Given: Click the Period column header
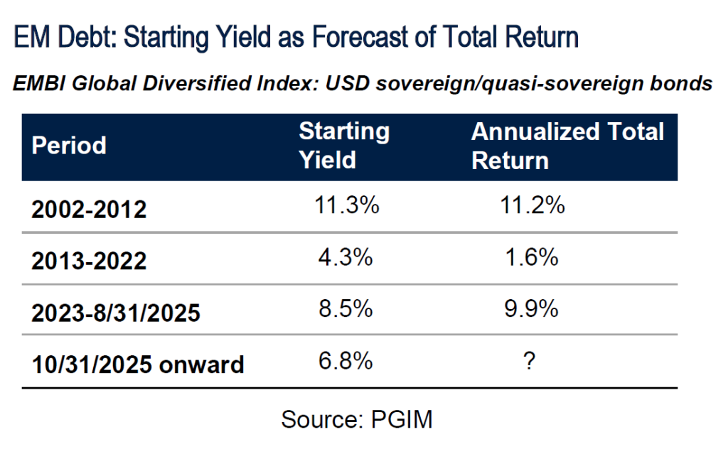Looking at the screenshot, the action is click(x=69, y=146).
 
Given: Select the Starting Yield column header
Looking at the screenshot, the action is click(x=344, y=146).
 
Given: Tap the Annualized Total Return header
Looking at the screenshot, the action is click(x=567, y=146).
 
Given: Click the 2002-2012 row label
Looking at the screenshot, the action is click(x=89, y=210).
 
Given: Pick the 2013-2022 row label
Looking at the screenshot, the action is click(x=89, y=261).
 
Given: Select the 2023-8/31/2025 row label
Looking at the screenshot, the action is click(x=116, y=313).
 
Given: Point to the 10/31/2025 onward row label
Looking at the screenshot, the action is click(x=137, y=364).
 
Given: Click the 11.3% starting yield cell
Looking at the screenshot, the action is click(x=346, y=205).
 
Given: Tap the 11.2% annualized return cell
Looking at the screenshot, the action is click(x=532, y=205).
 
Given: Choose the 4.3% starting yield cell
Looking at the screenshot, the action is click(x=346, y=257).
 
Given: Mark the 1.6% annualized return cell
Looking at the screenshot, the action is click(x=531, y=257).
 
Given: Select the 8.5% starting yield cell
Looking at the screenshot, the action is click(x=346, y=308).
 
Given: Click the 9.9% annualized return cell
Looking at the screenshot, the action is click(x=531, y=308).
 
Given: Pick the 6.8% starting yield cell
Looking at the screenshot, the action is click(x=346, y=361).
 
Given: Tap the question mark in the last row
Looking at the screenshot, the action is click(x=529, y=361).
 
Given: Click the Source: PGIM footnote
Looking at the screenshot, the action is click(x=357, y=419).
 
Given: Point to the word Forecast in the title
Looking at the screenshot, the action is click(x=360, y=37).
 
